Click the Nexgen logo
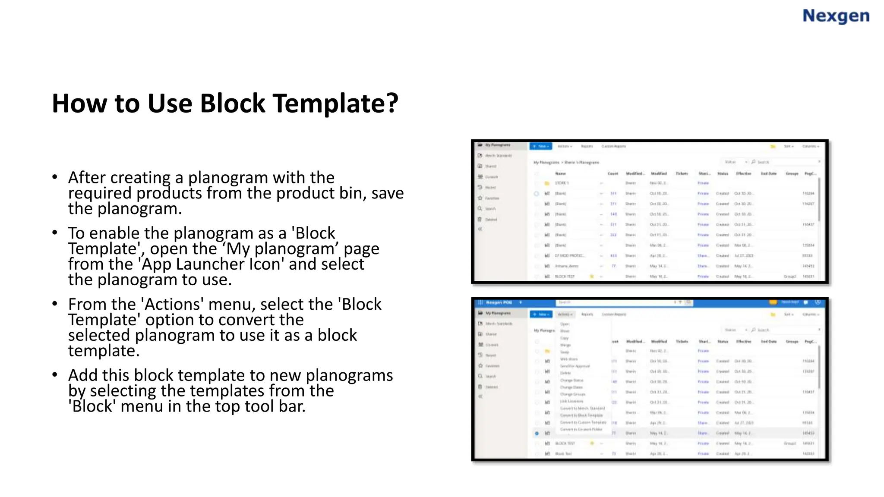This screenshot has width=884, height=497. point(836,16)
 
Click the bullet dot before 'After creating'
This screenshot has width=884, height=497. point(54,177)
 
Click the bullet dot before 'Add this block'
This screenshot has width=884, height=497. point(54,375)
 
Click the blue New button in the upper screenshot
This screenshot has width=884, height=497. point(540,146)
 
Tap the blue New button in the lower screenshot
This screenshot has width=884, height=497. point(540,314)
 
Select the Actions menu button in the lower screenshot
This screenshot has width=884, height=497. point(565,314)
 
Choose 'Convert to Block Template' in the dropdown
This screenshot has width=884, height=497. point(581,415)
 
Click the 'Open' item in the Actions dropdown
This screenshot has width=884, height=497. point(565,324)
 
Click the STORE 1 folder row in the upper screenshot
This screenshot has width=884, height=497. point(562,183)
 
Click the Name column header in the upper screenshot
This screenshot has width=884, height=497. point(560,173)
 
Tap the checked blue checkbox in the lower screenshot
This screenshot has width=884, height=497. point(537,433)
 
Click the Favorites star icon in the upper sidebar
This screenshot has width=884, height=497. point(480,198)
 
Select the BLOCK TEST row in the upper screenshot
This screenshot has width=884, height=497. point(565,276)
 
